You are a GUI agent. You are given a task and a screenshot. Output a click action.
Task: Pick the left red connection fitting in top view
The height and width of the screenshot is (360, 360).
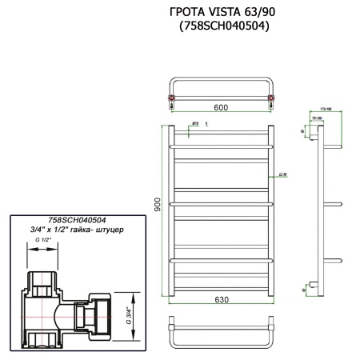(170, 99)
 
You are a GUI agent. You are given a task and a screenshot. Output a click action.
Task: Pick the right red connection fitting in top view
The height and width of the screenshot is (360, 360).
(270, 99)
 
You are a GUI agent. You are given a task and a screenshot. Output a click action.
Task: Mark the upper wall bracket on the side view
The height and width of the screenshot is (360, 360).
(312, 136)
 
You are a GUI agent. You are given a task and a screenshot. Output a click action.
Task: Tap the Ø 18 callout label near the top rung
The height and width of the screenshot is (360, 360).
(194, 122)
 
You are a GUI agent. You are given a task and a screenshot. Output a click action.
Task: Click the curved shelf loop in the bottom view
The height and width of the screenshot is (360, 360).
(220, 336)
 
